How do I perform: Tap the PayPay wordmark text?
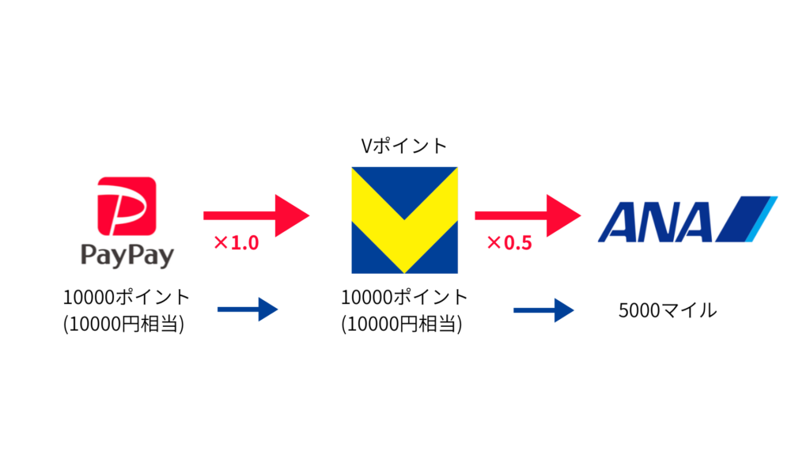tap(127, 255)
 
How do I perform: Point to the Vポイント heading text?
tap(403, 146)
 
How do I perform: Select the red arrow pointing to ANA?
tap(527, 215)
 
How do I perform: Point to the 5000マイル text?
tap(668, 310)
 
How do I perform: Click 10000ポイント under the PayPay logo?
tap(127, 298)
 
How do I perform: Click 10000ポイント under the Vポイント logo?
tap(404, 298)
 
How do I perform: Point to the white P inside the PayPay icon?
tap(127, 205)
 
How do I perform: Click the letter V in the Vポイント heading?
tap(365, 146)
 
